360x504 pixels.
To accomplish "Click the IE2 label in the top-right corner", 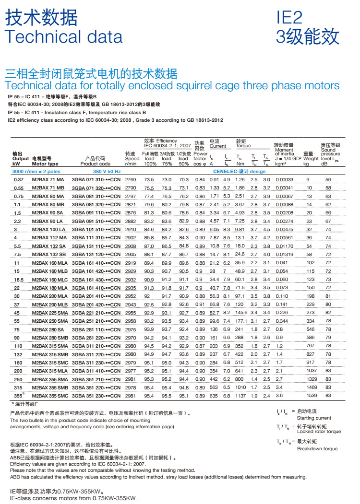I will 290,18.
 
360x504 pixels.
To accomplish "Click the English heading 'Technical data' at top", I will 63,36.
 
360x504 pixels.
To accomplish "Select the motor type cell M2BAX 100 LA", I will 48,230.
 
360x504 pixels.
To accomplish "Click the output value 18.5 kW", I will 19,280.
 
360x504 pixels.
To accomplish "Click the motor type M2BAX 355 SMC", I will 50,396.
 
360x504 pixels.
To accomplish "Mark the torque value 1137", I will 240,396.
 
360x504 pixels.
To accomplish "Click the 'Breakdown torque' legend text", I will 317,448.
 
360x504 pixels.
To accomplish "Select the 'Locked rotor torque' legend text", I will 319,432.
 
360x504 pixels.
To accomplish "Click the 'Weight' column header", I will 311,158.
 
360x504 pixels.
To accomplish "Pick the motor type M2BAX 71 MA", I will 48,179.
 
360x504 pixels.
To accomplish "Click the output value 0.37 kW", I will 19,179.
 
